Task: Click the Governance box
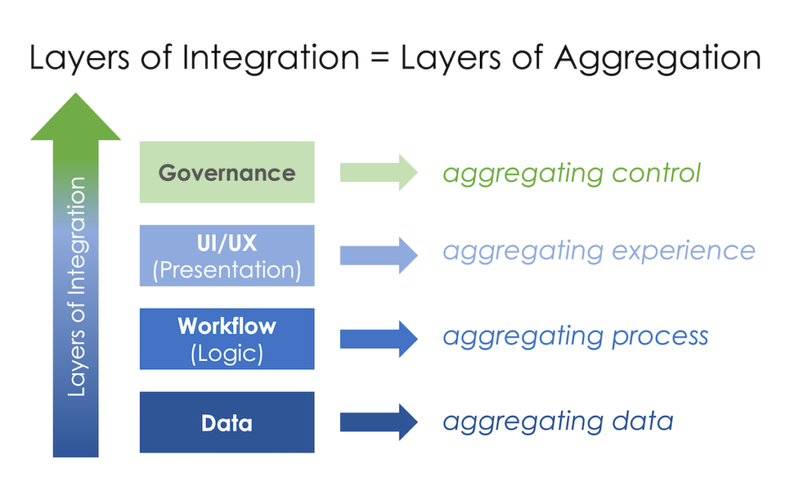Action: point(227,172)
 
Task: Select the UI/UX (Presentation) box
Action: point(227,256)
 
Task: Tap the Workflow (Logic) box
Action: point(227,339)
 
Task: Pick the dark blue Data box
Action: point(227,422)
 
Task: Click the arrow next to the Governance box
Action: point(378,172)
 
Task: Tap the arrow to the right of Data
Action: point(378,422)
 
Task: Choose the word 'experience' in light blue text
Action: point(680,252)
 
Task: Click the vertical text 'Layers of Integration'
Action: point(76,287)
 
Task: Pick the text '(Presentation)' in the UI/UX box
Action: point(227,269)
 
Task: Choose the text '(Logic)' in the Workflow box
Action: point(227,353)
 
